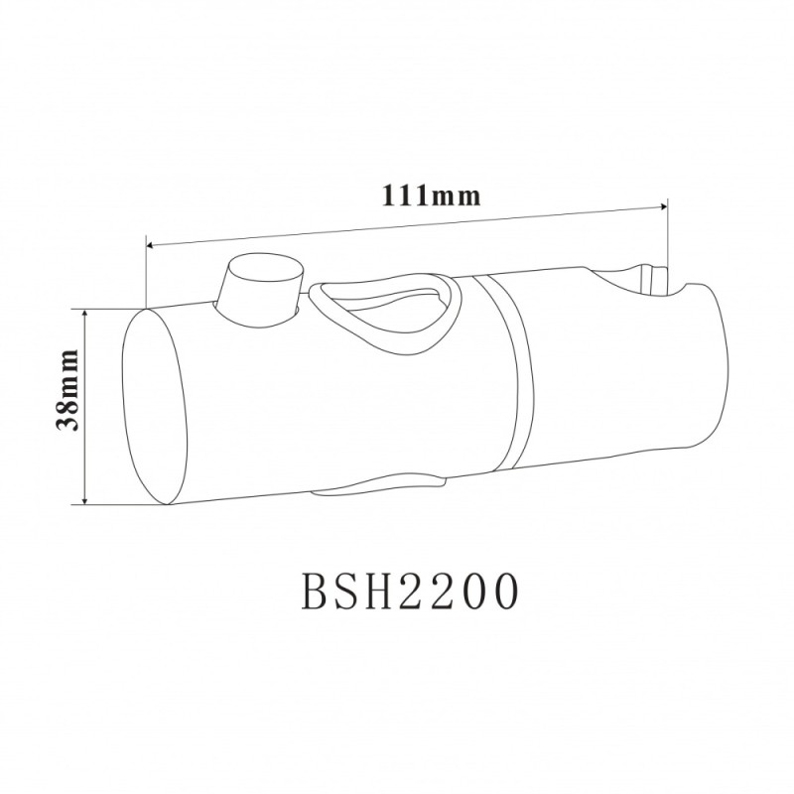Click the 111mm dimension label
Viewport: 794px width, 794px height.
(431, 195)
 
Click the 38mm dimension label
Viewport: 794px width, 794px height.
(67, 390)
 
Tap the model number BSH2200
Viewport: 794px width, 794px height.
(410, 591)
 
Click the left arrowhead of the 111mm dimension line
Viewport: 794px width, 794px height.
(150, 245)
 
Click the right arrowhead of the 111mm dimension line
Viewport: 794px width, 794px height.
(663, 206)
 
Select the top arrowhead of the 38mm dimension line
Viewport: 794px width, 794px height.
(85, 314)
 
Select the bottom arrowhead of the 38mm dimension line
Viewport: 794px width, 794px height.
(85, 499)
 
